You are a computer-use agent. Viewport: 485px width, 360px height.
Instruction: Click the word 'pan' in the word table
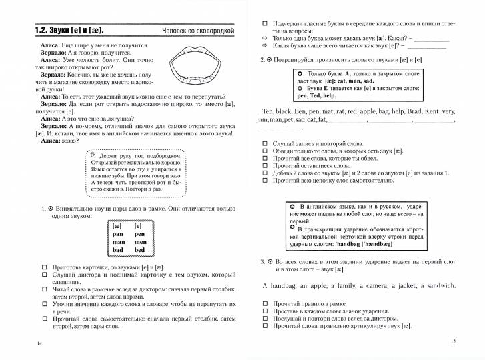pos(118,235)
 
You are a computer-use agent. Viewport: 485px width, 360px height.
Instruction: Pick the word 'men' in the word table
pos(139,242)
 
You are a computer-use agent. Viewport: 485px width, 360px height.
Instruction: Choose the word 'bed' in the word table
pos(139,250)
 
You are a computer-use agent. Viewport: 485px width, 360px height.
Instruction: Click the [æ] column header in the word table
pos(118,227)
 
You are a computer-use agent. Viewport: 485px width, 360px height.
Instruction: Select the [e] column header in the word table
pos(139,227)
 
